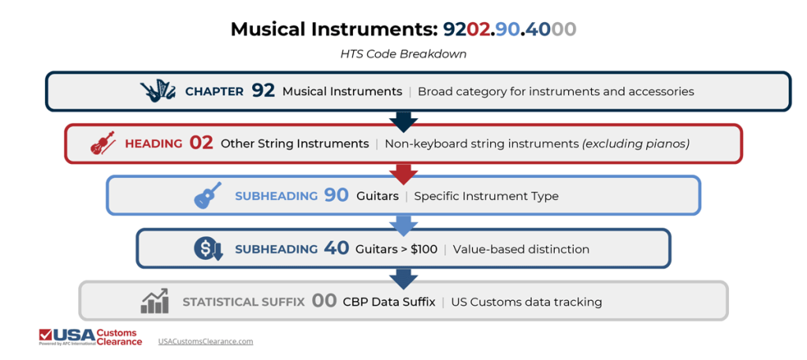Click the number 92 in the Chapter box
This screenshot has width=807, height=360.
pyautogui.click(x=263, y=91)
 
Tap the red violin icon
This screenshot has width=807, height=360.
pyautogui.click(x=102, y=143)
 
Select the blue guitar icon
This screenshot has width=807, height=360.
pyautogui.click(x=208, y=195)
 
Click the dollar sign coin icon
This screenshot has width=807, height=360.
pyautogui.click(x=208, y=249)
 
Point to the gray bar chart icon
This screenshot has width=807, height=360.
pyautogui.click(x=154, y=301)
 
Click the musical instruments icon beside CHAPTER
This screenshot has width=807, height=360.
pyautogui.click(x=158, y=91)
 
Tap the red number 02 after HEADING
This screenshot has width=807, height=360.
pyautogui.click(x=201, y=143)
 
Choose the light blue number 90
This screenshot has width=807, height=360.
pyautogui.click(x=337, y=195)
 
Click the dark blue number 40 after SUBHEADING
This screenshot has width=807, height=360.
pyautogui.click(x=337, y=249)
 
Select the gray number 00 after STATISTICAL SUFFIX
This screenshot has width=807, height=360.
pyautogui.click(x=324, y=302)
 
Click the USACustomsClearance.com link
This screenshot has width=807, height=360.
pyautogui.click(x=206, y=341)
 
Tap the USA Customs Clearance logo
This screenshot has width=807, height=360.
pyautogui.click(x=91, y=337)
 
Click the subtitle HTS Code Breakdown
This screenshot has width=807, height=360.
pyautogui.click(x=403, y=54)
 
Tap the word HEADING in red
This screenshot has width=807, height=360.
pyautogui.click(x=154, y=143)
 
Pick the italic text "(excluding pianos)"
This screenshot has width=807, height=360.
pyautogui.click(x=636, y=143)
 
